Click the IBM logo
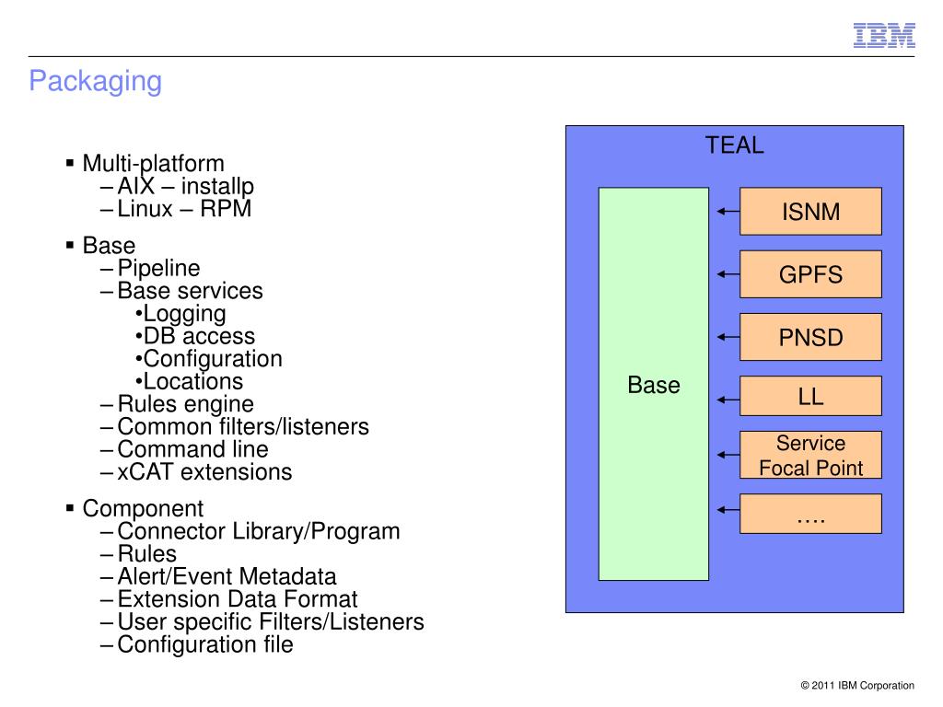[x=884, y=36]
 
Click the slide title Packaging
[x=96, y=82]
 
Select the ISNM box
[x=810, y=211]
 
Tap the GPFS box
[x=810, y=274]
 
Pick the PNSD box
[x=810, y=337]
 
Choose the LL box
[x=810, y=396]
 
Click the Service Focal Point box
[x=810, y=455]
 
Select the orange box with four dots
[x=810, y=514]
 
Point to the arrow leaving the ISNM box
[x=728, y=211]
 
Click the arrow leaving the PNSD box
[x=728, y=337]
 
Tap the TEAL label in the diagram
[x=734, y=145]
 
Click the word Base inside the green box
[x=654, y=385]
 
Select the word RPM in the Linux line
[x=226, y=209]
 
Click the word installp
[x=217, y=187]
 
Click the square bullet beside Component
[x=70, y=508]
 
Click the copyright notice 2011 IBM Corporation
[x=857, y=685]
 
